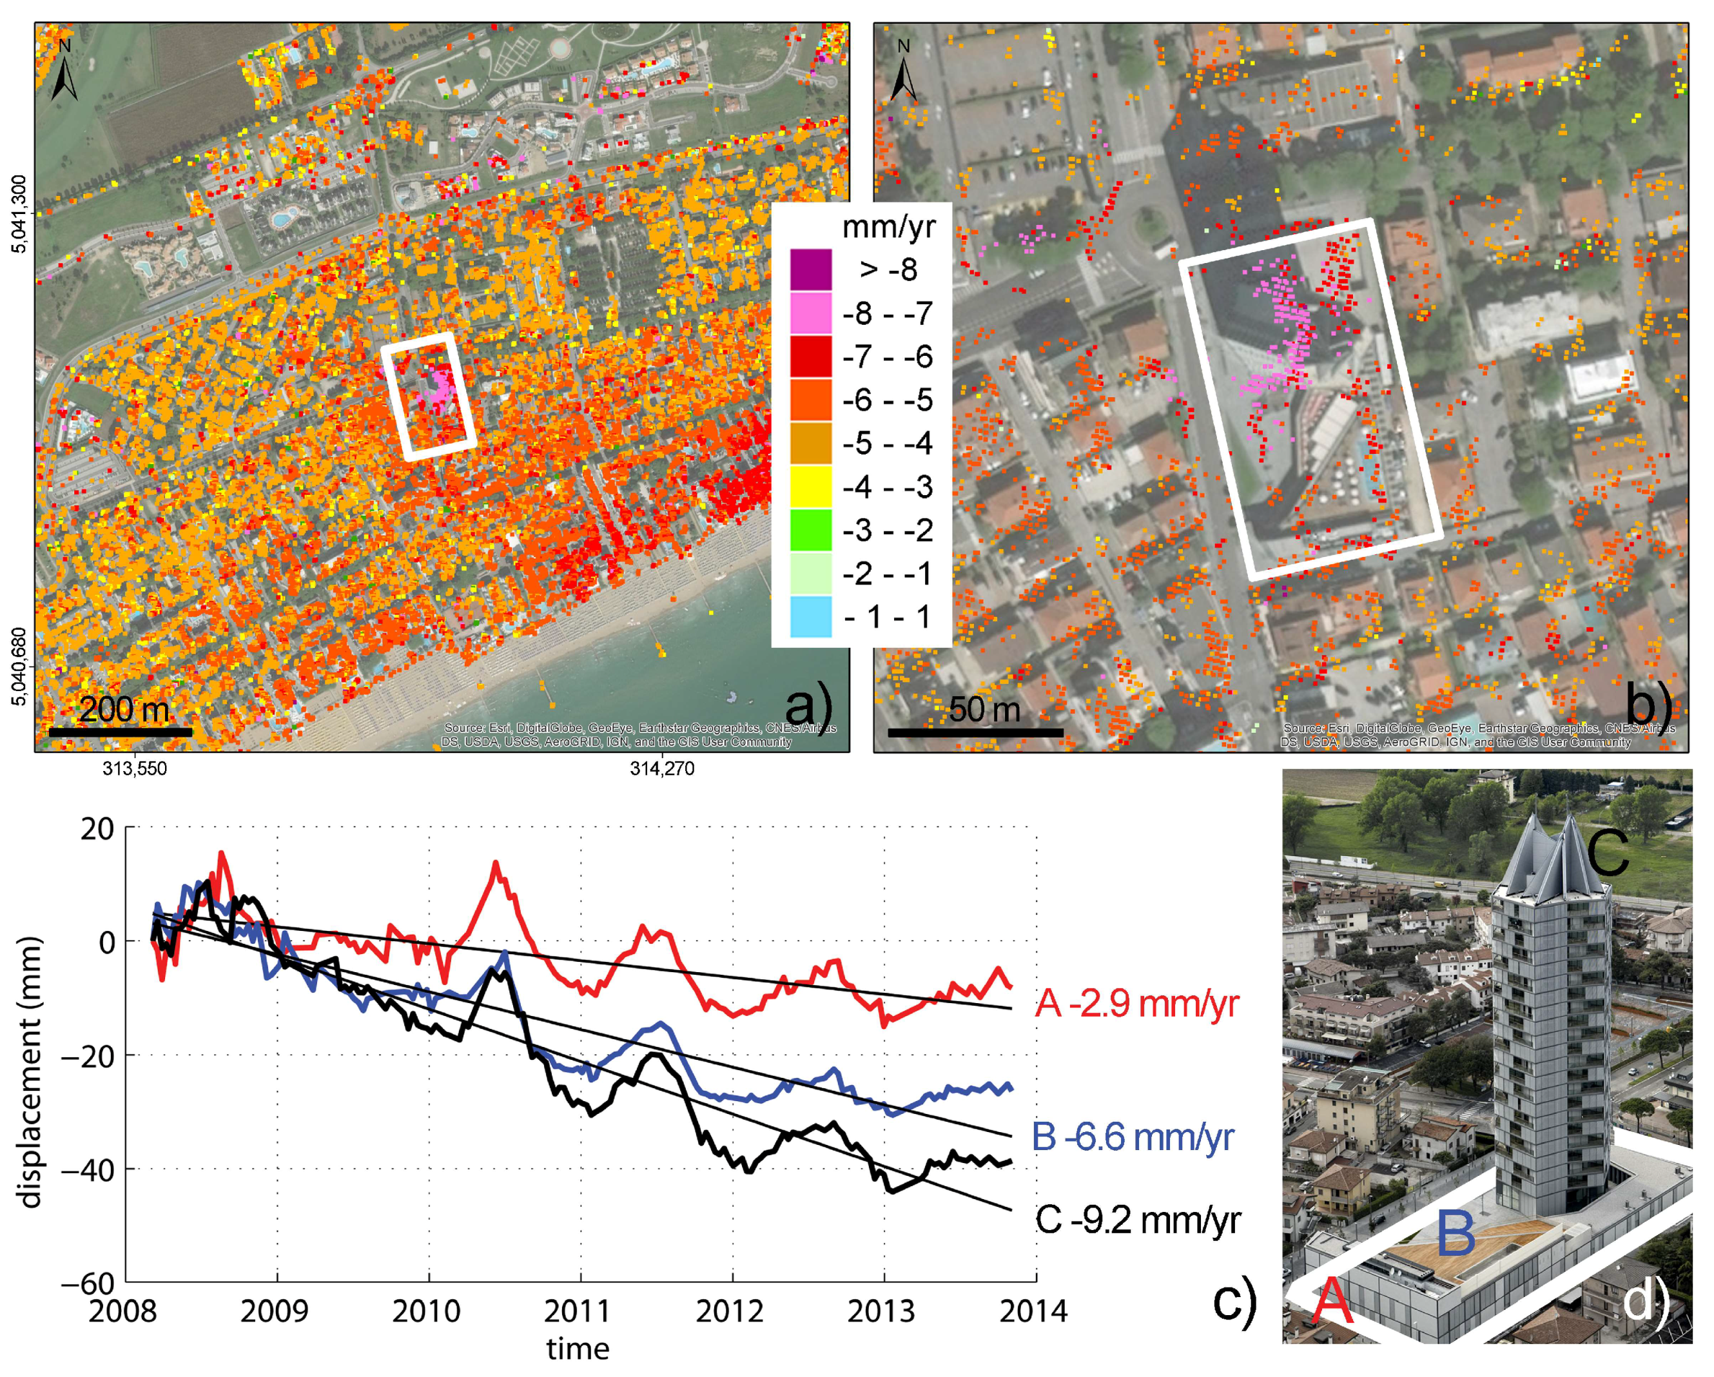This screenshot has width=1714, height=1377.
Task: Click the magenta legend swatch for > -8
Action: coord(810,269)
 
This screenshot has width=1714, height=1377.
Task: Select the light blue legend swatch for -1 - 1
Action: coord(810,617)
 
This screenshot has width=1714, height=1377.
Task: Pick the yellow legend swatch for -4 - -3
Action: coord(810,487)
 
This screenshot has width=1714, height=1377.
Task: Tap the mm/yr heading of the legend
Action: coord(888,228)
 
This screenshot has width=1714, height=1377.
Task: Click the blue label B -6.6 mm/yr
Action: coord(1132,1138)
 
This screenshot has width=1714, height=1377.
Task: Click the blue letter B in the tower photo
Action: coord(1456,1234)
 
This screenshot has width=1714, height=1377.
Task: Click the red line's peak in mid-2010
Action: coord(496,863)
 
